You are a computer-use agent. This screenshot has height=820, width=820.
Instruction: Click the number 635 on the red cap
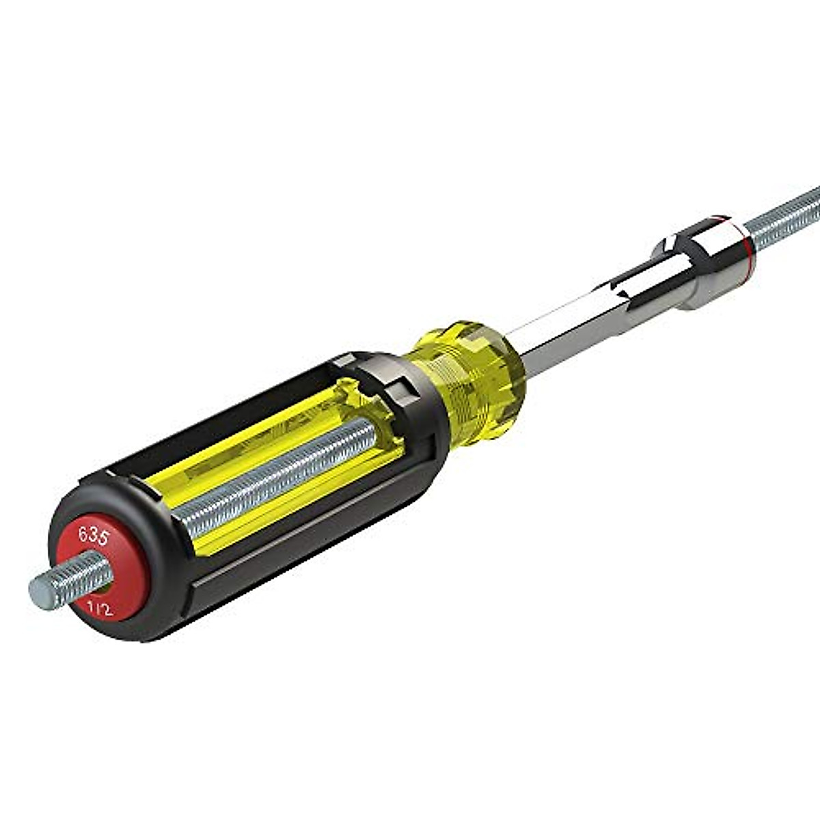(x=93, y=534)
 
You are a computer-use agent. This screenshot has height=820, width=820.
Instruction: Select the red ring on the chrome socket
(x=745, y=236)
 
